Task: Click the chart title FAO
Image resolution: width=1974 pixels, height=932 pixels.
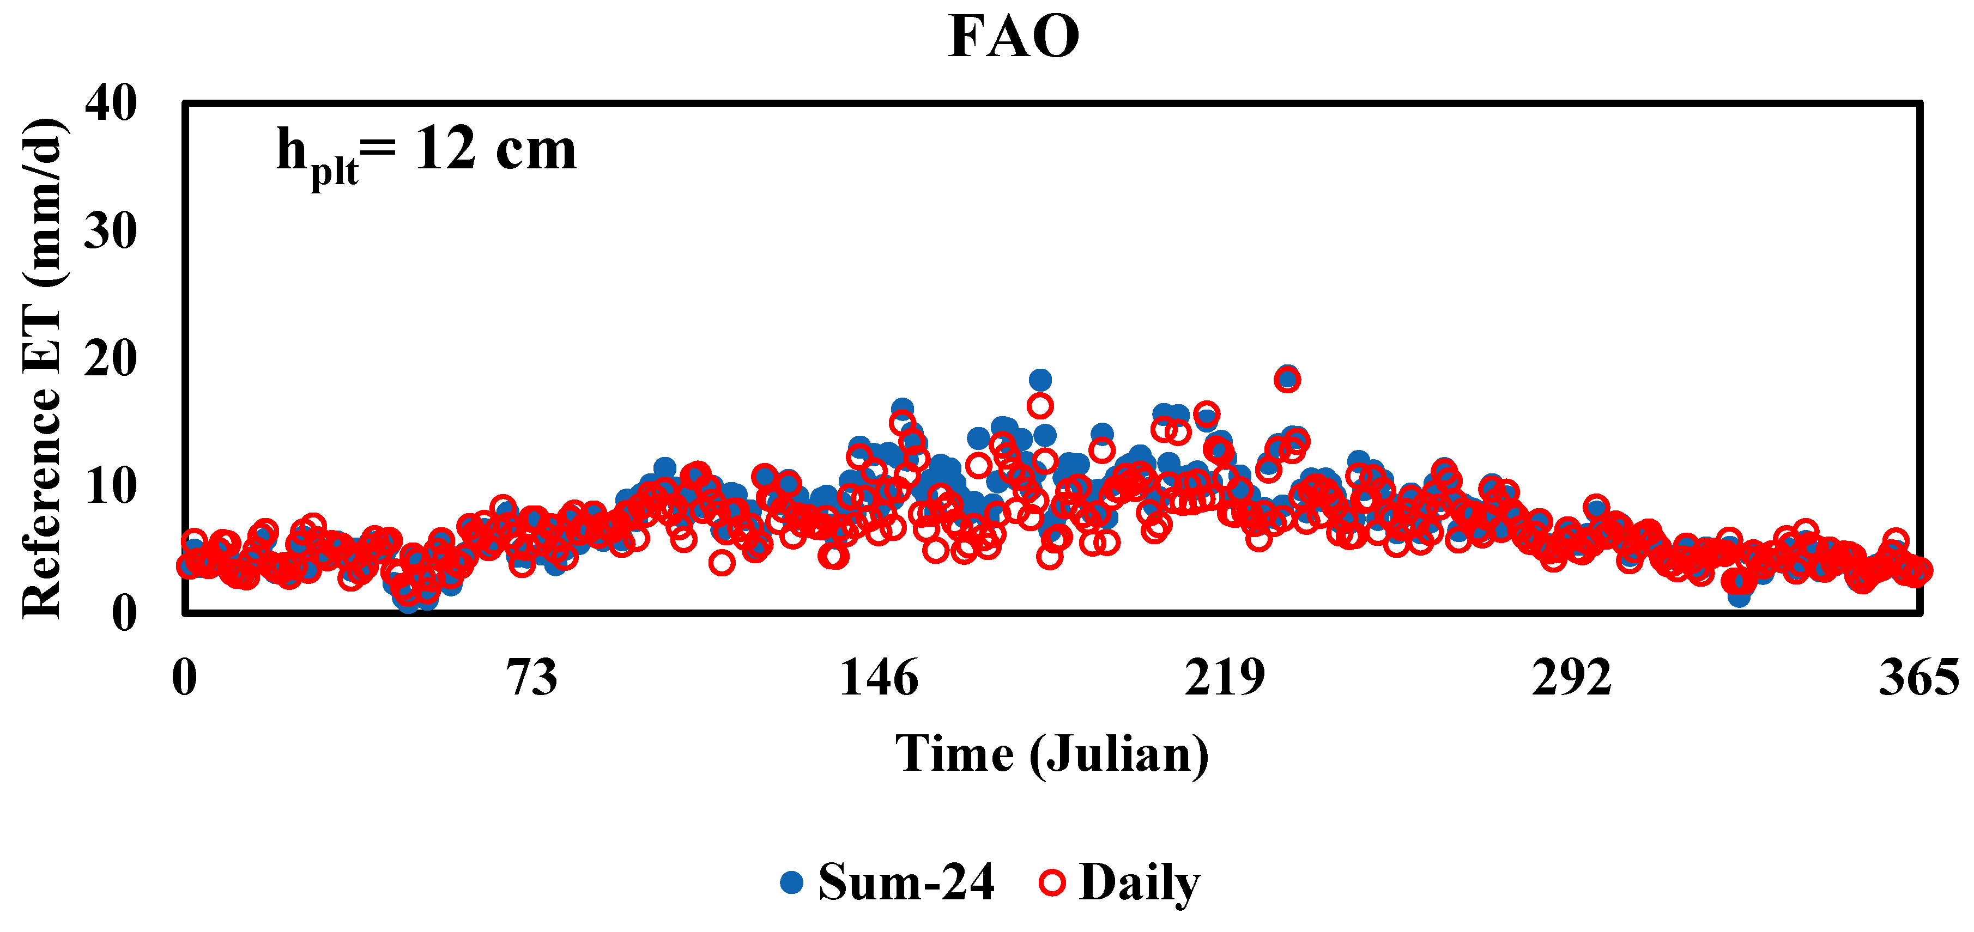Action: [x=1013, y=36]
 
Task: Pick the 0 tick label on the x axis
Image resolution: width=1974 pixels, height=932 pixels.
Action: [x=185, y=678]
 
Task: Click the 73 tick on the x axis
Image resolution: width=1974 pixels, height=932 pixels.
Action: [x=532, y=678]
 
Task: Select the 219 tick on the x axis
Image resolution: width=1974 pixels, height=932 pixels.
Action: [x=1225, y=678]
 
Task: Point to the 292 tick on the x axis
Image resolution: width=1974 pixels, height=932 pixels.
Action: [x=1572, y=678]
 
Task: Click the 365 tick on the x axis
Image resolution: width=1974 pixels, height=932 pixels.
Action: [x=1918, y=678]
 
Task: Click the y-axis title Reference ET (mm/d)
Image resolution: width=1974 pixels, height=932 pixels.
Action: [x=41, y=368]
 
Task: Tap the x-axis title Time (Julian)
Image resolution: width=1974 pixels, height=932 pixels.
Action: [x=1052, y=754]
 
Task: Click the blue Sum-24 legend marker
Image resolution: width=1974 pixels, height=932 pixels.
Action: [x=791, y=883]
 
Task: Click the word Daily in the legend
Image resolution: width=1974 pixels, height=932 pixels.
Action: [x=1140, y=883]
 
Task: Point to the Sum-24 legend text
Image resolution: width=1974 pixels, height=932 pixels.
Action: [x=906, y=883]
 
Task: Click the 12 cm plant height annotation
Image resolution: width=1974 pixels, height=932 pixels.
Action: [x=426, y=151]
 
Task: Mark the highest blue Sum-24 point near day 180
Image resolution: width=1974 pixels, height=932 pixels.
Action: [x=1040, y=380]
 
